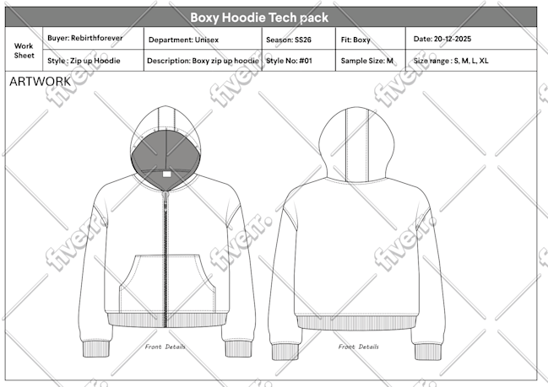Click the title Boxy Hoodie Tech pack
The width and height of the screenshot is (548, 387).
(x=259, y=18)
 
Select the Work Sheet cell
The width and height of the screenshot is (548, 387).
(x=24, y=49)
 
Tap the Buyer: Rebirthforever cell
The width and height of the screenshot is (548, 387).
(x=93, y=38)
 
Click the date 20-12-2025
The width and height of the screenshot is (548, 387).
(x=453, y=39)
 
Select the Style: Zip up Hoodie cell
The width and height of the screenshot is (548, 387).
(x=93, y=61)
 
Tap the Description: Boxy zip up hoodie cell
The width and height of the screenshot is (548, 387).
(x=203, y=61)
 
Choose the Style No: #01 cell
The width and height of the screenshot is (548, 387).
(x=298, y=61)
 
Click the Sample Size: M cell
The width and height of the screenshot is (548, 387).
(x=371, y=61)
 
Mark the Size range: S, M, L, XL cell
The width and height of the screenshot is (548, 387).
(x=471, y=61)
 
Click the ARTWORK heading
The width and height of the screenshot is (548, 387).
(x=40, y=82)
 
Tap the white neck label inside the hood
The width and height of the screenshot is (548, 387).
(x=166, y=175)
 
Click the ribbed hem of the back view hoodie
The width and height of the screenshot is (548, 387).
(x=357, y=323)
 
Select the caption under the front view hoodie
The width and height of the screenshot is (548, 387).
(x=165, y=347)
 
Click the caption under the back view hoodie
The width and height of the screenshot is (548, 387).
(x=358, y=347)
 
